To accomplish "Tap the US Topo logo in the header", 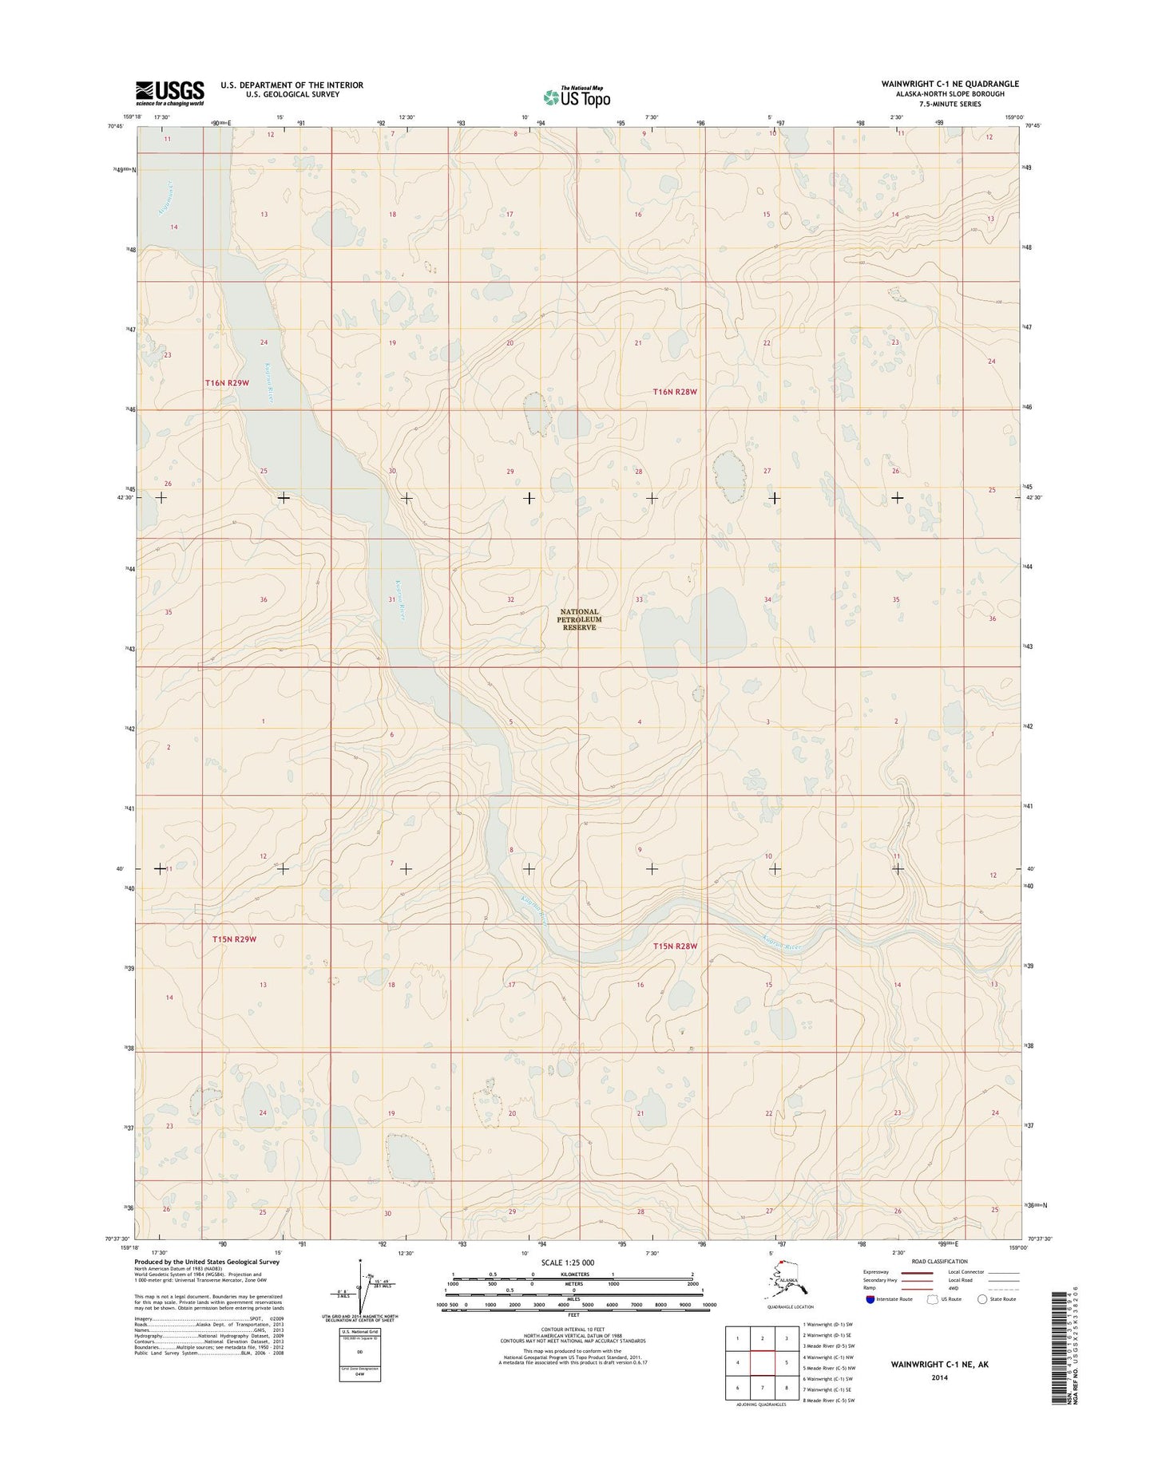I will tap(577, 97).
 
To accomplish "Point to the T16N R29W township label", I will tap(227, 383).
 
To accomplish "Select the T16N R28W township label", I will tap(675, 392).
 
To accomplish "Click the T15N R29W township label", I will tap(234, 939).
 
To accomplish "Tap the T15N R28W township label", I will tap(675, 946).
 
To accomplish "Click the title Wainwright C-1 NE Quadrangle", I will tap(950, 84).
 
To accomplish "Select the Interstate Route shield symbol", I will tap(869, 1299).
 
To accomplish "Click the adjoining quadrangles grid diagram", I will tap(762, 1370).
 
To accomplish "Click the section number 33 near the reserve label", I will tap(639, 599).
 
